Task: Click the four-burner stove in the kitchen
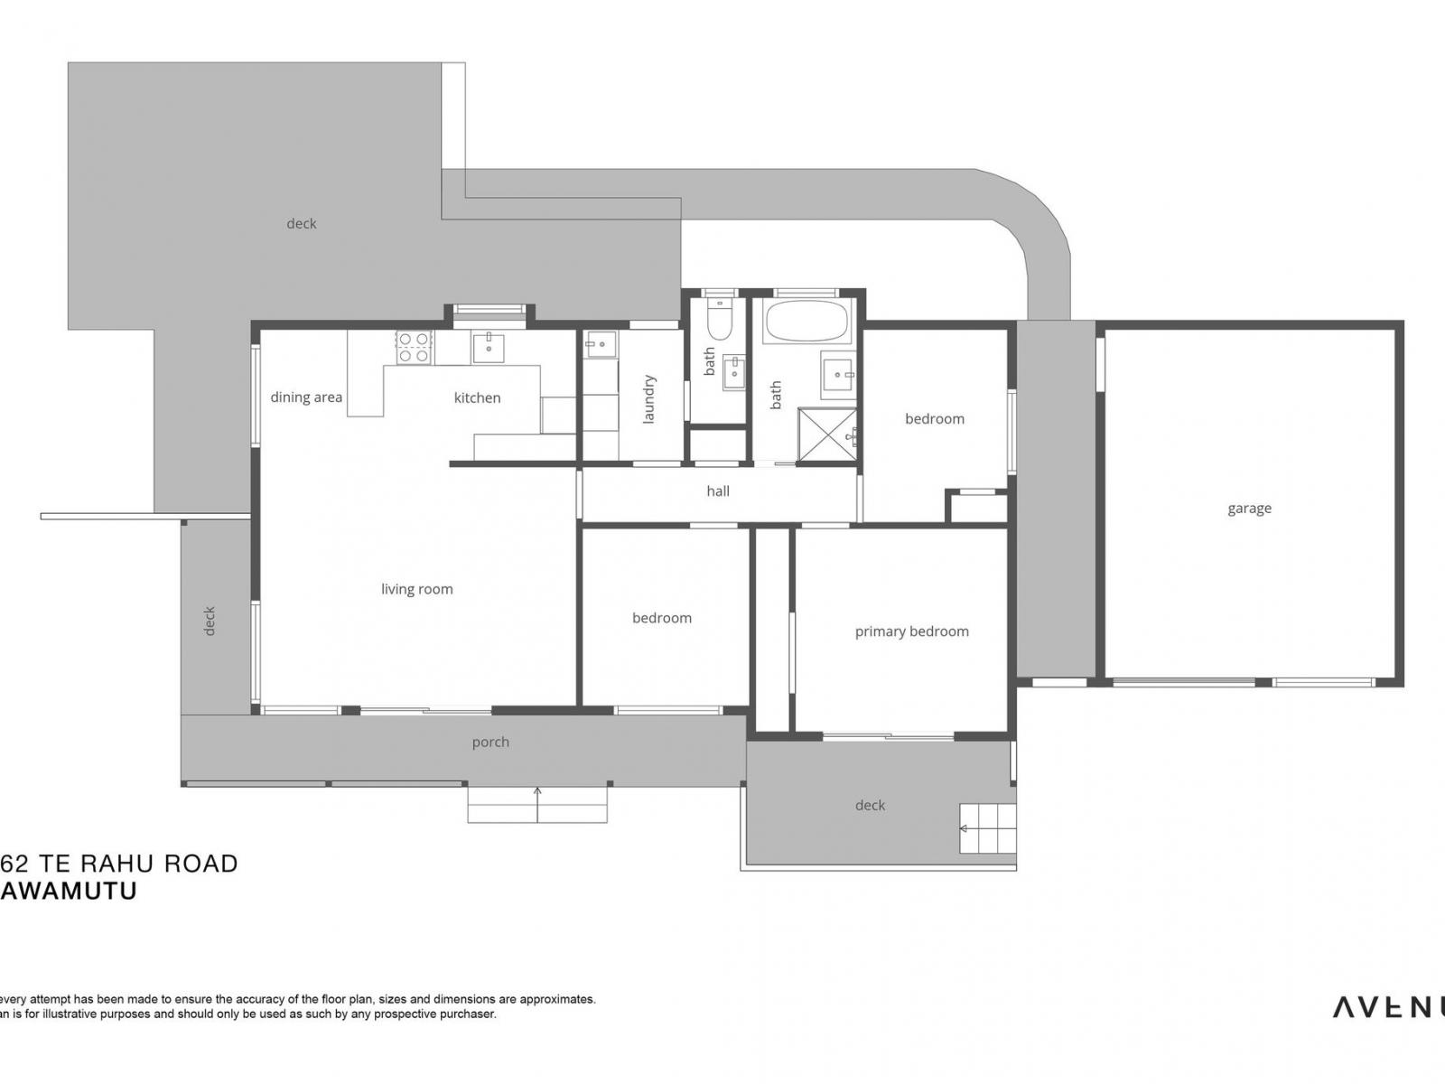(x=414, y=348)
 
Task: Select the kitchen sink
(x=489, y=347)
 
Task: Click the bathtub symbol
(x=806, y=322)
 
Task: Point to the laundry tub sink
(x=600, y=344)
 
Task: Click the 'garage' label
(x=1249, y=509)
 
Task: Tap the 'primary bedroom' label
(x=911, y=631)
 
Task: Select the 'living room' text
(x=416, y=589)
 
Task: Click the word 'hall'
(x=718, y=491)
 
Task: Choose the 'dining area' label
(x=306, y=397)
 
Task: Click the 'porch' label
(x=490, y=743)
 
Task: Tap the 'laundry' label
(x=648, y=399)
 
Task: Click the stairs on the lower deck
(x=986, y=828)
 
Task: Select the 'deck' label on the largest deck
(x=301, y=224)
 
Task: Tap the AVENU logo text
(x=1386, y=1007)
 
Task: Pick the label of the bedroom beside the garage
(x=935, y=419)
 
